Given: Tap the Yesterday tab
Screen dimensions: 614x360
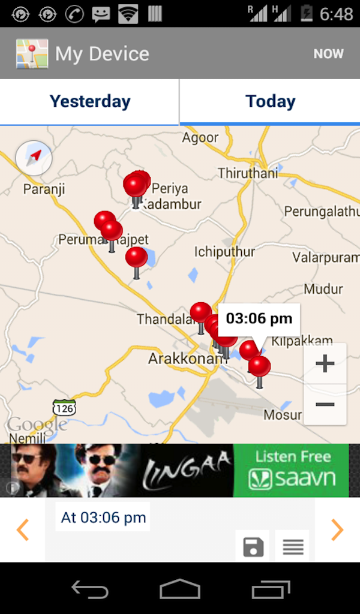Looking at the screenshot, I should (89, 101).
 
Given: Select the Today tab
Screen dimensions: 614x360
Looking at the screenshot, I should (270, 101).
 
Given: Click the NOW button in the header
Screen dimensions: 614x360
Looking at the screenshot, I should (328, 54).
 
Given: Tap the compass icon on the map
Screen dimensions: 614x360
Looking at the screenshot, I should (34, 158).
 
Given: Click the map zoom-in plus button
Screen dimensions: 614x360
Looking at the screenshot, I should (325, 363).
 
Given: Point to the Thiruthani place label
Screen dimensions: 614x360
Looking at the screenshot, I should (248, 173).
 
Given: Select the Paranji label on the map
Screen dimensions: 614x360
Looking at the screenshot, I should (44, 189).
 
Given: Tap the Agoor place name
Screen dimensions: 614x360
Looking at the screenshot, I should (200, 138).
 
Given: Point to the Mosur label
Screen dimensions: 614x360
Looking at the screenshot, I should (283, 415).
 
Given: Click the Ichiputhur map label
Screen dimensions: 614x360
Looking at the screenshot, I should (224, 252).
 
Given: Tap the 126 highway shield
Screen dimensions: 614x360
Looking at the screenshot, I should (64, 408).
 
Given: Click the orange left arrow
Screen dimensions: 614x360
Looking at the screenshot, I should (23, 529).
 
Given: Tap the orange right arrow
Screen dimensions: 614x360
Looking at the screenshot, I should (337, 529).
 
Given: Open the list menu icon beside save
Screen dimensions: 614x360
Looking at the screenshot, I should (292, 546).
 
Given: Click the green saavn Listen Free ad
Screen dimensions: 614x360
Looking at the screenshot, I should (291, 471).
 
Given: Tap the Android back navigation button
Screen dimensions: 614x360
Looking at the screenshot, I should (90, 589).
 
